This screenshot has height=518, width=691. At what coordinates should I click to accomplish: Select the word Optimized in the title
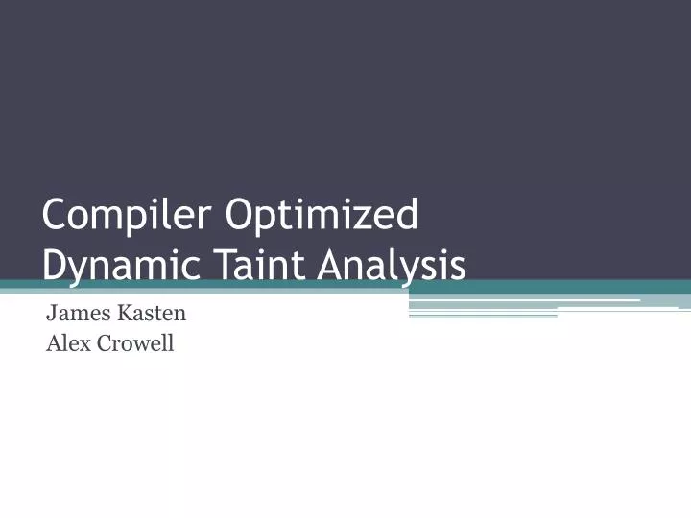[x=322, y=215]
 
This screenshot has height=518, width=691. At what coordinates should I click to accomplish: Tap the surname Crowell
[x=134, y=342]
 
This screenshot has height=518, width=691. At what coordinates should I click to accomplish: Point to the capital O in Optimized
[x=239, y=215]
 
